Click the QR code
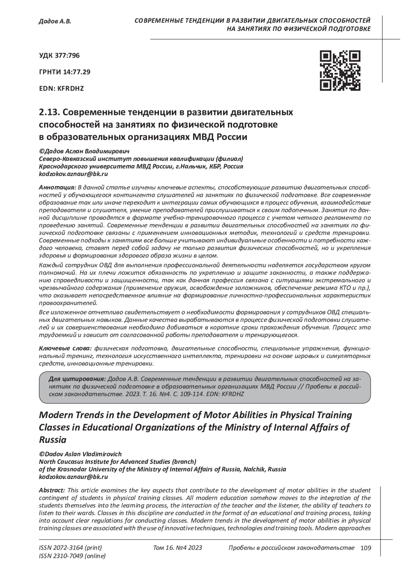point(340,71)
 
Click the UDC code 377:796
point(60,55)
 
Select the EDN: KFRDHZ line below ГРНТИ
point(61,89)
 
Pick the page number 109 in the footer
point(365,548)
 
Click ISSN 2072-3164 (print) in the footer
point(71,548)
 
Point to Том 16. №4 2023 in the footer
point(178,548)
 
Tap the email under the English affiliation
point(73,477)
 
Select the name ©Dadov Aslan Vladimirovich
point(80,454)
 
